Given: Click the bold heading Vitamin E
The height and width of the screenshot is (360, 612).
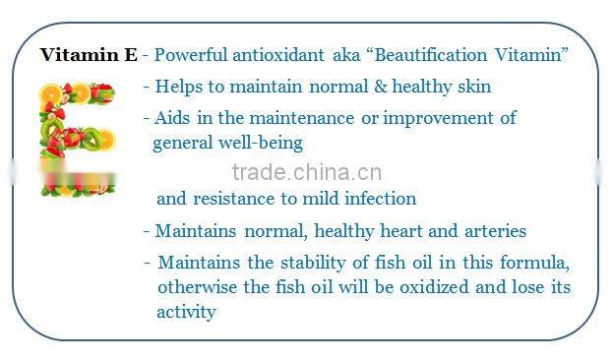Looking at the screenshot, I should point(89,55).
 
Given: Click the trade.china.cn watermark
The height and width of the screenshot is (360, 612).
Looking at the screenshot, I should point(304,174).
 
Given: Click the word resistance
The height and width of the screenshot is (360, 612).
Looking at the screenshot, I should point(232,199).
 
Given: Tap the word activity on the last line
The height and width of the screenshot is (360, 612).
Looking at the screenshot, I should point(186,313).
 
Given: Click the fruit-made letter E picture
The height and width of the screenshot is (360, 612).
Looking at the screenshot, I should point(78,138).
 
